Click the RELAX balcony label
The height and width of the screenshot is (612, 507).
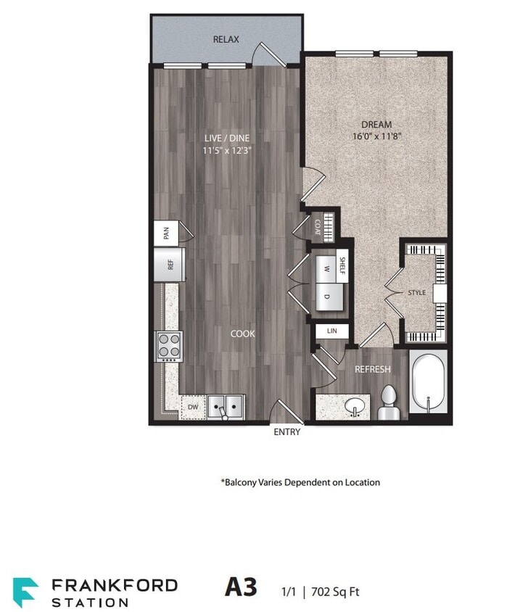(x=226, y=39)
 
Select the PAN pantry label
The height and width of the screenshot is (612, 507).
(x=166, y=233)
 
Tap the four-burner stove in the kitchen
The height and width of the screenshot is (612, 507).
(x=169, y=346)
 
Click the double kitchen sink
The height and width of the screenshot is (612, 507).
(x=226, y=407)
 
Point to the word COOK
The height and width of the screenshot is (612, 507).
(x=242, y=334)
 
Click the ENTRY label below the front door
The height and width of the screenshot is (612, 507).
(x=287, y=432)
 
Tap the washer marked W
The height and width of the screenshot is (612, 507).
(x=326, y=268)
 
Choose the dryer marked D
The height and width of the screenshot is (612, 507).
(x=326, y=295)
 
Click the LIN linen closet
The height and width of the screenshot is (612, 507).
(x=332, y=331)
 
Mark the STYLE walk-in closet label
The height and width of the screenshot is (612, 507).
(x=416, y=293)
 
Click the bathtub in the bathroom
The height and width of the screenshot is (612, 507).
(x=429, y=384)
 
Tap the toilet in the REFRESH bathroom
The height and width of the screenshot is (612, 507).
(x=387, y=403)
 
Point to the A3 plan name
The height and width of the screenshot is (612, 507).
(x=241, y=587)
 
